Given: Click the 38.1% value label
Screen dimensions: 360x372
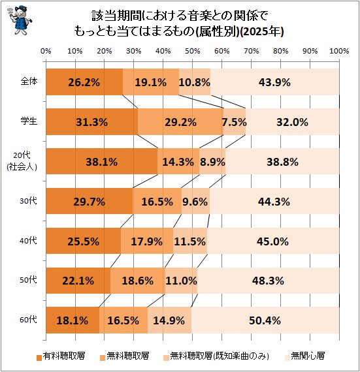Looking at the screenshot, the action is coord(102,162).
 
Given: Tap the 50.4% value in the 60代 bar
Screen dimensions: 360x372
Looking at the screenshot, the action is coord(265,320).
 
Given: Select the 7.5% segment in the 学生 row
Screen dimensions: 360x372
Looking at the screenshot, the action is coord(235,122).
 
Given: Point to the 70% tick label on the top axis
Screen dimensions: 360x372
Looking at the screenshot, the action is coord(252,51).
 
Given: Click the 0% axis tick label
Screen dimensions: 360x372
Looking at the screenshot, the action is coord(46,51).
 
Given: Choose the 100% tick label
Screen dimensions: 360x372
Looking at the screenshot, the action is coord(339,51).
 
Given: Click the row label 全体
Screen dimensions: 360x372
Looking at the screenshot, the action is coord(29,82).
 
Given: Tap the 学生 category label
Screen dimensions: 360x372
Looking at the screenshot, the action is coord(29,121).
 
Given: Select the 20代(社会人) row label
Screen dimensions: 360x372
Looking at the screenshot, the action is coord(22,161).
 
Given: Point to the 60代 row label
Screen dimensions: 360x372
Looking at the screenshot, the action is coord(28,320).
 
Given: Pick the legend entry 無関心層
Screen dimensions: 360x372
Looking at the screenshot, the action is coord(304,356).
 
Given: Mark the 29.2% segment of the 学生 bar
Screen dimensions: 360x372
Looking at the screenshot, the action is coord(181,122).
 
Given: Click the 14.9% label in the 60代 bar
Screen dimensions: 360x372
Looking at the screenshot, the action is coord(169,320).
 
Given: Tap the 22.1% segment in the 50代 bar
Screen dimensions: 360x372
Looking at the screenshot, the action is coord(78,281).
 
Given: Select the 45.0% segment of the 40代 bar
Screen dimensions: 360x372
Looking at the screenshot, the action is coord(273,241).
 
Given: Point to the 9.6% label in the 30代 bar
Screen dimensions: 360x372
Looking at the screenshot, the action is coord(195,202).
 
